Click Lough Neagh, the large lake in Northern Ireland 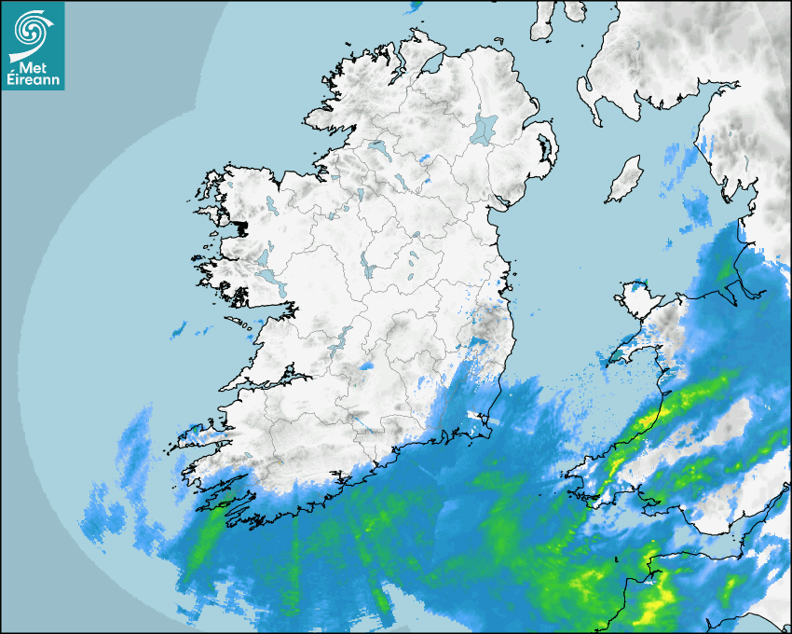[485, 128]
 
